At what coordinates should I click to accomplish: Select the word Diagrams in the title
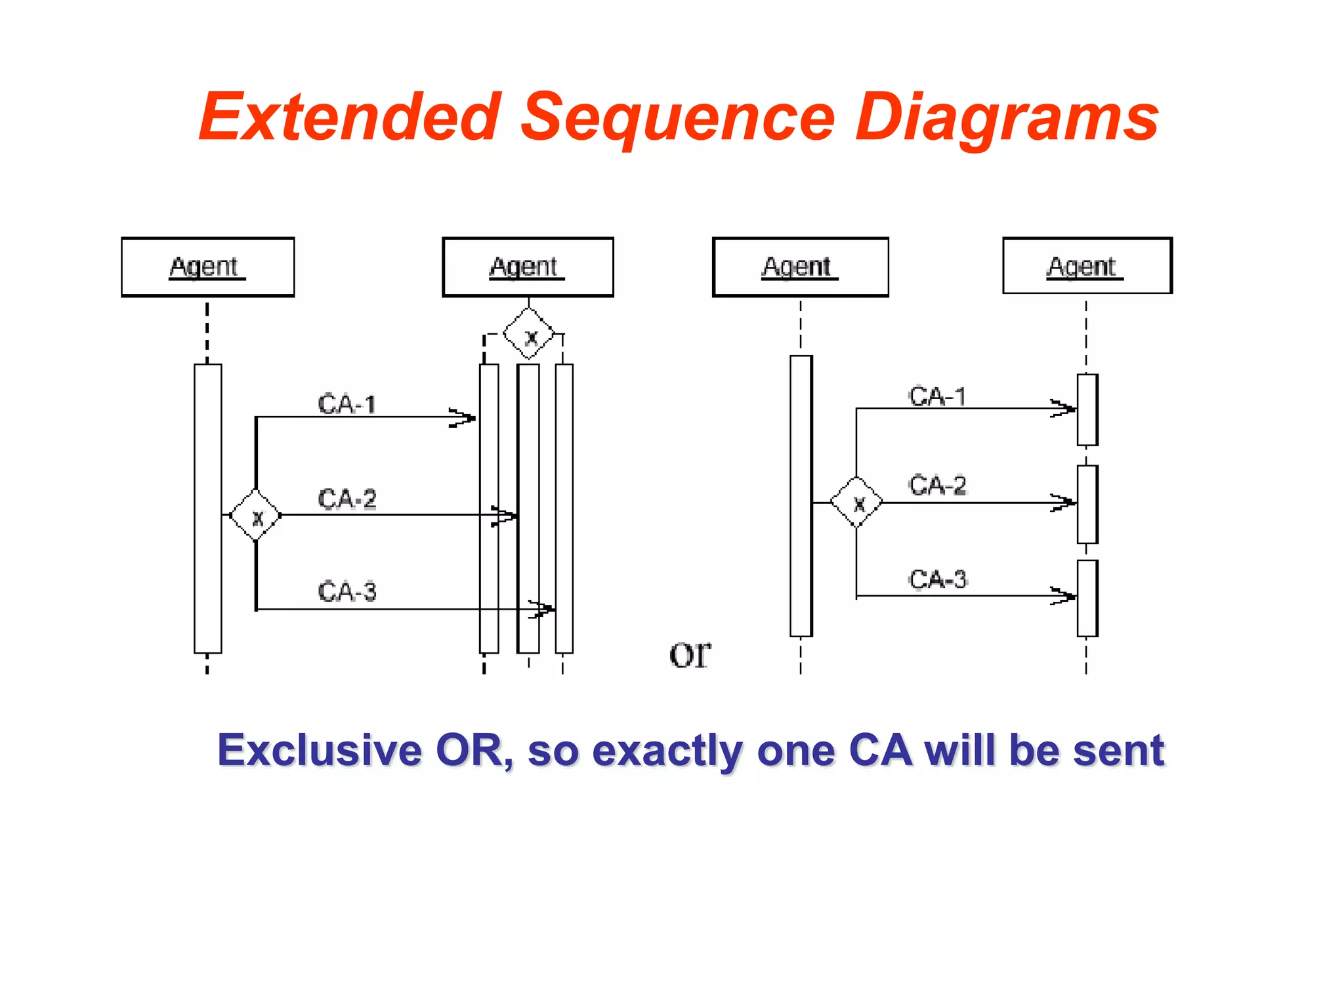click(x=1007, y=118)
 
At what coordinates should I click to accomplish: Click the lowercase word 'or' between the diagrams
click(x=689, y=655)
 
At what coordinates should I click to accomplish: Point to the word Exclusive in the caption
click(x=320, y=750)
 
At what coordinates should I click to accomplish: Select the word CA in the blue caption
click(x=880, y=750)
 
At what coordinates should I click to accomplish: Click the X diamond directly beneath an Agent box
click(x=529, y=334)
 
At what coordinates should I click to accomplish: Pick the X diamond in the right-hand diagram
click(x=856, y=503)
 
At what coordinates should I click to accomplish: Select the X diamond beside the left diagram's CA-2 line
click(x=256, y=515)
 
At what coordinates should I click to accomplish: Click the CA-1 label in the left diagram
click(x=347, y=404)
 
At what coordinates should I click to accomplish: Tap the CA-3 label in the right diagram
click(x=938, y=579)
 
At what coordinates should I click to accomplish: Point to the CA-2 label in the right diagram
click(x=938, y=485)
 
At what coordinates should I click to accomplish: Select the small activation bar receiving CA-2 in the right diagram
click(x=1087, y=504)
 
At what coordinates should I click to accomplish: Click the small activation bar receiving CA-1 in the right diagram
click(x=1087, y=409)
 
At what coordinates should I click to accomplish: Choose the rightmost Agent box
click(x=1087, y=266)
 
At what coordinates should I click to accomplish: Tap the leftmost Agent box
click(x=207, y=267)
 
